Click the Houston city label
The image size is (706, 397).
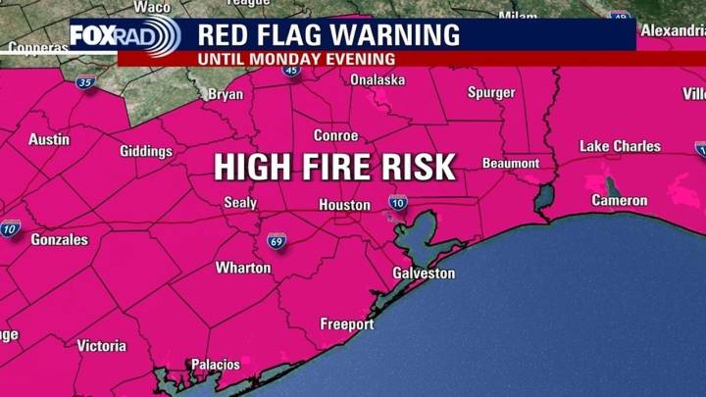pos(344,205)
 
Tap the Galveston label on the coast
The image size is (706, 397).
pos(424,273)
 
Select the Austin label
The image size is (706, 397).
pos(49,139)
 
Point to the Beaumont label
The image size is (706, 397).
pos(511,163)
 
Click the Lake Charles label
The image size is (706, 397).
pos(620,146)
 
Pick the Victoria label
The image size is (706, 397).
pos(101,346)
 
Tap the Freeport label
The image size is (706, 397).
pos(347,324)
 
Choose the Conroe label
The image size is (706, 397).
pos(335,135)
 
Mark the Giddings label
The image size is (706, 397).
pos(146,151)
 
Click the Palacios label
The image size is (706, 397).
pos(215,365)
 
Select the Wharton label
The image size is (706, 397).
pos(243,268)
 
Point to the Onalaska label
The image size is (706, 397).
pos(378,80)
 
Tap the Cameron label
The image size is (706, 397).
pos(620,201)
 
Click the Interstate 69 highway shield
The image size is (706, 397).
pos(277,240)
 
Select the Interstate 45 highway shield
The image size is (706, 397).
pos(291,71)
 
